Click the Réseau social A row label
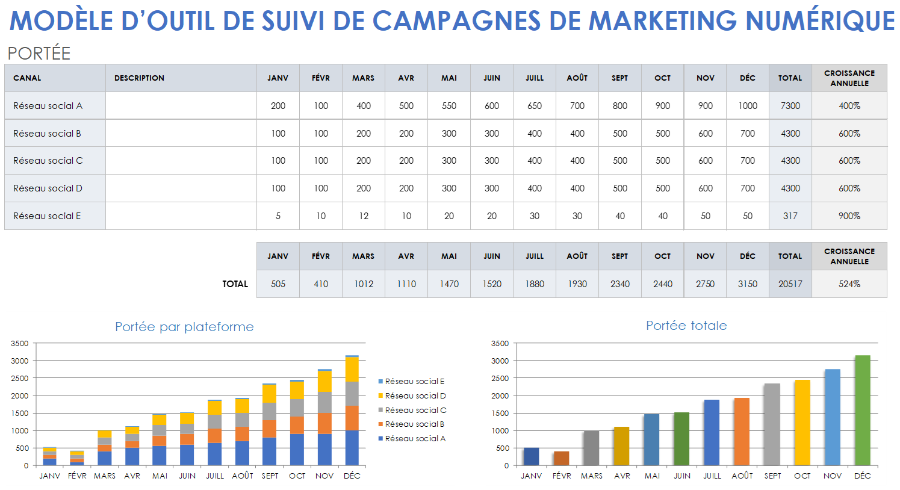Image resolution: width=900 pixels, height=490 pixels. click(48, 106)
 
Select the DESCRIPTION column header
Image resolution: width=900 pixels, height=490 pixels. click(139, 78)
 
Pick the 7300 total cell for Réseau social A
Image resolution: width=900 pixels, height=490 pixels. click(790, 106)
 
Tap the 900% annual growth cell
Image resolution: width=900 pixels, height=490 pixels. click(849, 216)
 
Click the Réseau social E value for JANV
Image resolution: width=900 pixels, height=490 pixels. click(278, 216)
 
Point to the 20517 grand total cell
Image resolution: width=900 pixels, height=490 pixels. click(790, 284)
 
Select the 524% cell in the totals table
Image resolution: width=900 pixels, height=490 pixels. click(849, 284)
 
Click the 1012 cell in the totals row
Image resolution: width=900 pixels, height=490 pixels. click(364, 284)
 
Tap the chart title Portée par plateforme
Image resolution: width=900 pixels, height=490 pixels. click(184, 327)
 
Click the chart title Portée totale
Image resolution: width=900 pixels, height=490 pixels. click(686, 326)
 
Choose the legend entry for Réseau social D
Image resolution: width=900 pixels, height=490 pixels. click(415, 396)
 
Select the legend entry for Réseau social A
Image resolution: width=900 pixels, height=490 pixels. click(415, 439)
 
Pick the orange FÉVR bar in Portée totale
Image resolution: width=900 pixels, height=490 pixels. click(561, 458)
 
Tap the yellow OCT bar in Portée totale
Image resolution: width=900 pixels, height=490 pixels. click(802, 423)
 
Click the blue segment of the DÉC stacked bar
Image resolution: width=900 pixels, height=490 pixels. click(352, 448)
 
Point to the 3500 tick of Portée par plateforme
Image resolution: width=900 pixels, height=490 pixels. click(19, 344)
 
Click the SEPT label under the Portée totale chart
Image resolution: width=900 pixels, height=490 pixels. click(772, 476)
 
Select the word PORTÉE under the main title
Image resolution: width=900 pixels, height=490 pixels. click(39, 54)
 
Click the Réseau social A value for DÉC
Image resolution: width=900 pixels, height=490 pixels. click(748, 106)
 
